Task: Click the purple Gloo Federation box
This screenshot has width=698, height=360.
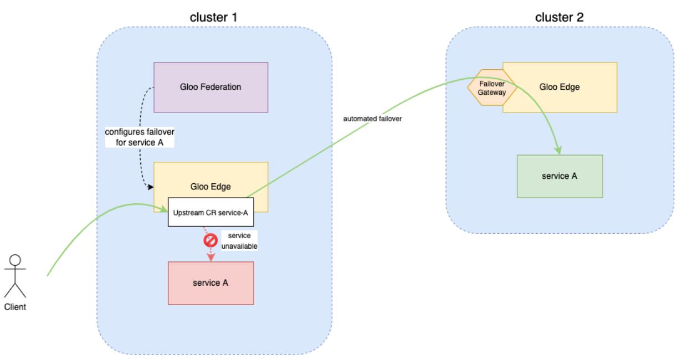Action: [x=211, y=87]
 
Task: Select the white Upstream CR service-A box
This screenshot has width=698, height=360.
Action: [x=211, y=212]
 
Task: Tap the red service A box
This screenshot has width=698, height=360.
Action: [x=211, y=283]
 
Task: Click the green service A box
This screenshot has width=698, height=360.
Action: [x=560, y=176]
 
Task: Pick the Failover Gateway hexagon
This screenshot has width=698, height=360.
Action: [x=491, y=88]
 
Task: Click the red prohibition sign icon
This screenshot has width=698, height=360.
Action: [x=210, y=241]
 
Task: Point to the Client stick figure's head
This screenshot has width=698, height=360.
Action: [x=15, y=260]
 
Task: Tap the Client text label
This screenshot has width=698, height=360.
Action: [x=15, y=307]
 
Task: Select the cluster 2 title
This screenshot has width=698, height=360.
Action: [x=559, y=17]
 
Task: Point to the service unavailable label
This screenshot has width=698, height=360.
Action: [x=239, y=241]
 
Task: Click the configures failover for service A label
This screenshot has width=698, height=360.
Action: [x=140, y=137]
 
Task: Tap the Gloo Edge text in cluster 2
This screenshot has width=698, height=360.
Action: [x=560, y=87]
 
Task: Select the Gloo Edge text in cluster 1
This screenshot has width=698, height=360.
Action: [x=211, y=187]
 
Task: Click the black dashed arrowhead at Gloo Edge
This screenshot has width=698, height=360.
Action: [x=150, y=187]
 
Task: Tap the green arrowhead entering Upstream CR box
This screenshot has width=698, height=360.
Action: [x=164, y=209]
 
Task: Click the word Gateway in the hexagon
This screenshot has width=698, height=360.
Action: [x=492, y=92]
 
